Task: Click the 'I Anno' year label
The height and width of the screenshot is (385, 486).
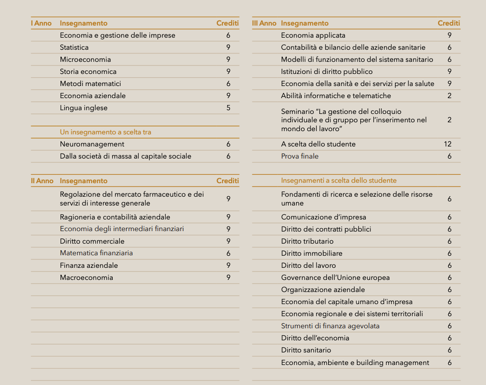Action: (x=41, y=23)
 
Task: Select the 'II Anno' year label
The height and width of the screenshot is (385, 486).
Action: (x=42, y=181)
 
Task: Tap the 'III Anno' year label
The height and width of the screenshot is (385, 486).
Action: (x=264, y=23)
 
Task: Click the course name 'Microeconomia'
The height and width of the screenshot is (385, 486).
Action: (x=85, y=60)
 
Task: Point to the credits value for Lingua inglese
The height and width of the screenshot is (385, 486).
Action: (x=229, y=108)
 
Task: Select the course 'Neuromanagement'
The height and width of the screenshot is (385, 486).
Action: (x=92, y=144)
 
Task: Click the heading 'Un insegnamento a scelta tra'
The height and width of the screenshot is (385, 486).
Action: (x=106, y=132)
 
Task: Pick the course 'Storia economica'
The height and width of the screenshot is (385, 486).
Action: (x=88, y=72)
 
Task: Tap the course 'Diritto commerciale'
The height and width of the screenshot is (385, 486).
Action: (x=92, y=241)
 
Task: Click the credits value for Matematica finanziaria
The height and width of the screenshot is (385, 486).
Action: (x=229, y=253)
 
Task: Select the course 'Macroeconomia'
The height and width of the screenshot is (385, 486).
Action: (x=87, y=278)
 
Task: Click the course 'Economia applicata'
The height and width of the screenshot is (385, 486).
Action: (x=313, y=35)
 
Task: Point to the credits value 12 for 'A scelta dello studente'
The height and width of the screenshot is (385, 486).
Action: (x=448, y=144)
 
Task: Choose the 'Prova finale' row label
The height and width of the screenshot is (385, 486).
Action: (x=300, y=156)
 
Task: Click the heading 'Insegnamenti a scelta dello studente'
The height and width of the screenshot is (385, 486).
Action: (x=339, y=180)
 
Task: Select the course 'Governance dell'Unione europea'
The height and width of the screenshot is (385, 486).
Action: (x=336, y=278)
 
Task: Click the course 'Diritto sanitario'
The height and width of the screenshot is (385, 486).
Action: (x=306, y=350)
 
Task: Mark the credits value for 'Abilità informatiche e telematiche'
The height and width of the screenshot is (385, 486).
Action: (x=450, y=96)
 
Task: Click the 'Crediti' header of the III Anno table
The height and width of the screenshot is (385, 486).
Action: (x=449, y=23)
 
